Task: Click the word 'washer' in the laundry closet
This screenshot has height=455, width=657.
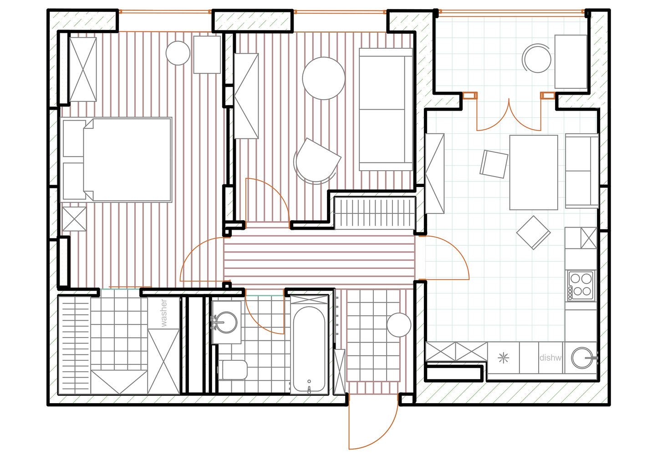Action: tap(163, 313)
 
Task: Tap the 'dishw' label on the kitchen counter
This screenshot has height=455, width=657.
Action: tap(550, 358)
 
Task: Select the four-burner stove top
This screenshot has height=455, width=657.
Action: tap(581, 286)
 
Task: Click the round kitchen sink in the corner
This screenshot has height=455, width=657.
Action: tap(582, 358)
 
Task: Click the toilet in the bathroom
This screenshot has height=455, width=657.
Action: tap(233, 370)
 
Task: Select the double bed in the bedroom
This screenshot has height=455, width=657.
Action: tap(116, 160)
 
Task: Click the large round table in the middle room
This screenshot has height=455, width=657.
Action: tap(324, 78)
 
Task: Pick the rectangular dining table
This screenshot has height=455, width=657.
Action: tap(534, 172)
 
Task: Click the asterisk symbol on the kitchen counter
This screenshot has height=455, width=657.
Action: tap(503, 358)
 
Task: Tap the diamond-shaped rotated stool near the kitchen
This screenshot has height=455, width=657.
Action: tap(533, 233)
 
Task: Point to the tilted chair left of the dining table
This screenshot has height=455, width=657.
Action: tap(494, 164)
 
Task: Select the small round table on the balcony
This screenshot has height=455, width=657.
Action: tap(537, 59)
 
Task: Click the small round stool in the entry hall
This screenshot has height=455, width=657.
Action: tap(399, 325)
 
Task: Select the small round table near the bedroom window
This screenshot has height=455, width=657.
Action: tap(178, 53)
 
